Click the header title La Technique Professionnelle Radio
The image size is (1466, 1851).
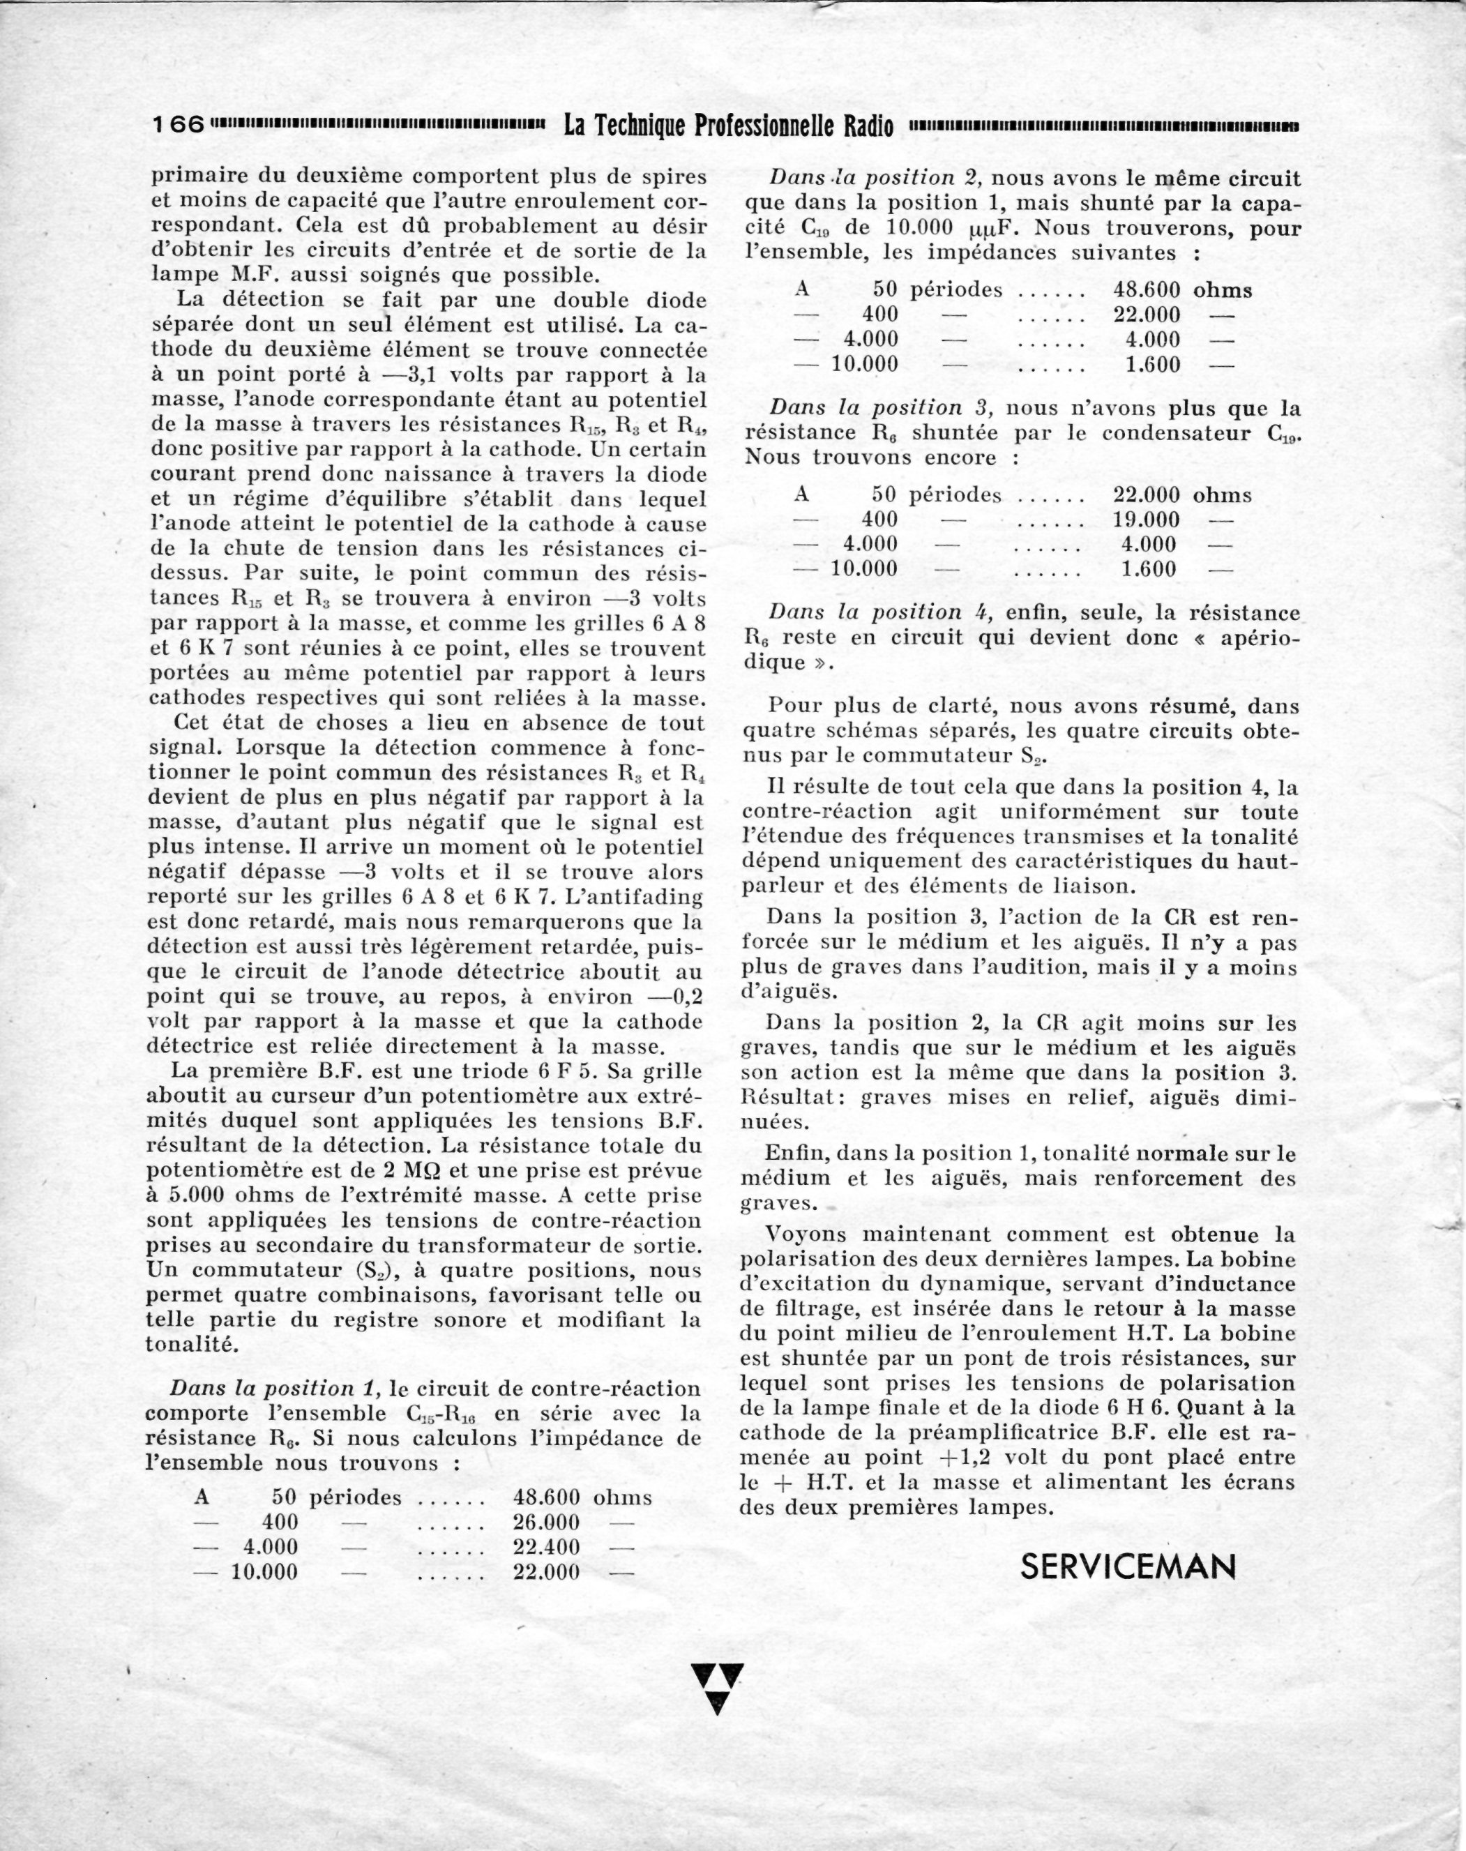(x=728, y=126)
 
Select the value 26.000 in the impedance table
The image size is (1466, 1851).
(x=546, y=1523)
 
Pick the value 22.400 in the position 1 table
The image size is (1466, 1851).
(x=546, y=1547)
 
